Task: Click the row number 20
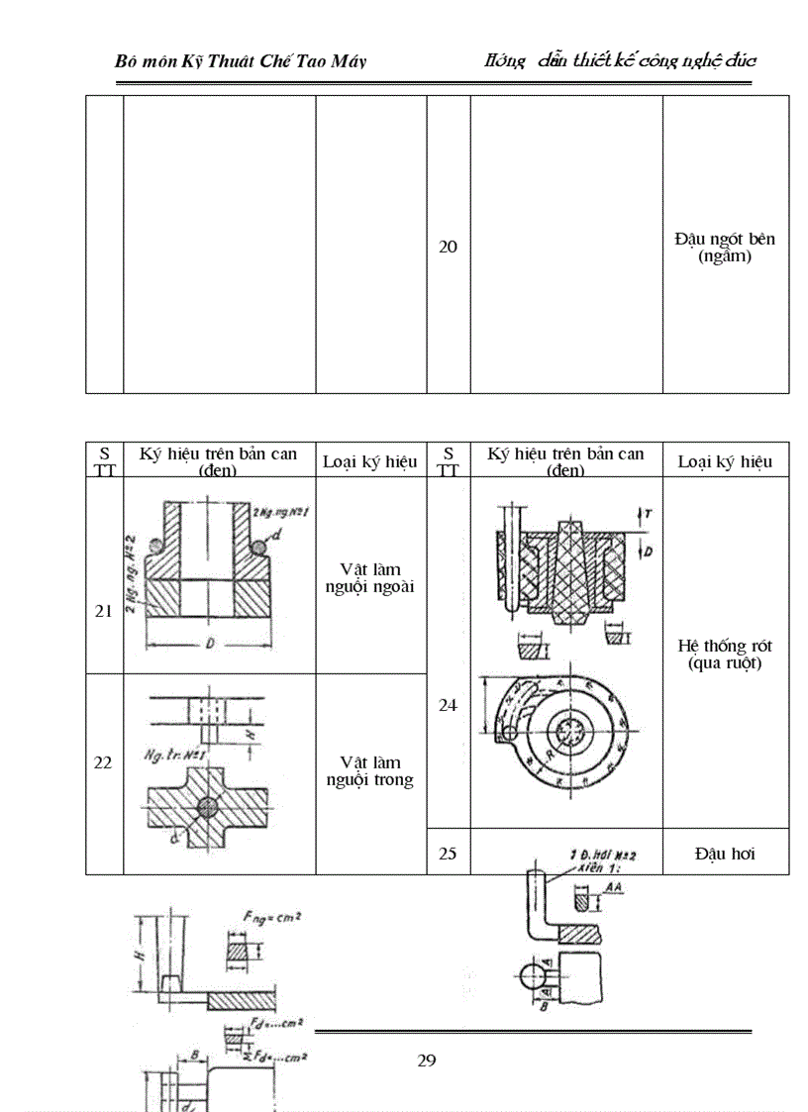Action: (449, 247)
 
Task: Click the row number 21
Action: (103, 611)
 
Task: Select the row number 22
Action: (103, 762)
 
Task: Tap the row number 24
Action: (449, 705)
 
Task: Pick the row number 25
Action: (449, 853)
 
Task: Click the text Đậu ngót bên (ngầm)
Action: (725, 248)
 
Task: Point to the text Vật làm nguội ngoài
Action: (370, 578)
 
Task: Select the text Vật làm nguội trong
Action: (370, 771)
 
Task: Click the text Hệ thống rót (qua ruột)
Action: (725, 655)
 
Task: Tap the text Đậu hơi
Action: (725, 853)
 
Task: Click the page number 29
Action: (427, 1061)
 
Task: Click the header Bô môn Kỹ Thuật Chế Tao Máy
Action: (241, 61)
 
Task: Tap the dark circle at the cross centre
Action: (207, 807)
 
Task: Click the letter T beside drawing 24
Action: (647, 515)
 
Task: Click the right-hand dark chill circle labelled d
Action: (259, 546)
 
